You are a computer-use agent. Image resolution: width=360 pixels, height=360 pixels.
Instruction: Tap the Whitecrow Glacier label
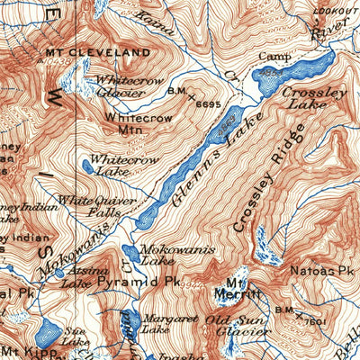121,85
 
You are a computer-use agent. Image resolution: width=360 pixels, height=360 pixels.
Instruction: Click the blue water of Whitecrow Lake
87,166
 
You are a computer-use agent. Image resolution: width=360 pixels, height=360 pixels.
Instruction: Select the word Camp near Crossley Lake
270,57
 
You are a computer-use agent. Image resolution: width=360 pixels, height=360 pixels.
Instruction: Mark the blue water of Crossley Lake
297,73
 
